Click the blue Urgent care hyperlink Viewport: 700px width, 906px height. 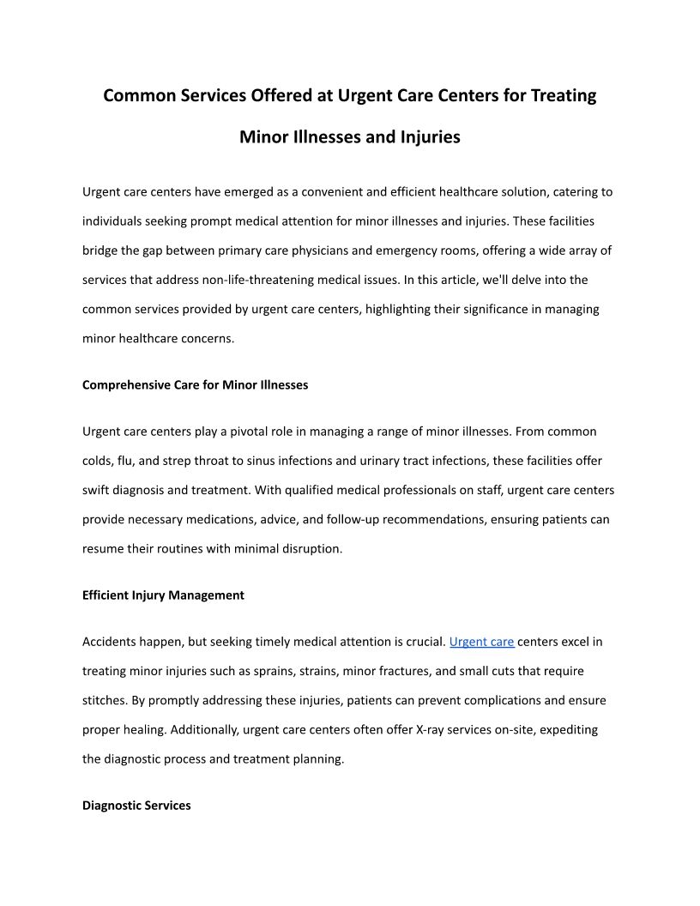point(481,642)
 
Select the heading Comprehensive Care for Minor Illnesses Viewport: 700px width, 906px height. point(195,385)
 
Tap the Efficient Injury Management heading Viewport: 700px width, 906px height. point(163,595)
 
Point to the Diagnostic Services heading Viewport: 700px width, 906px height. point(136,806)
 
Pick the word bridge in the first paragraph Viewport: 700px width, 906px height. point(100,251)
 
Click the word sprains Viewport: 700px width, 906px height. point(320,671)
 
